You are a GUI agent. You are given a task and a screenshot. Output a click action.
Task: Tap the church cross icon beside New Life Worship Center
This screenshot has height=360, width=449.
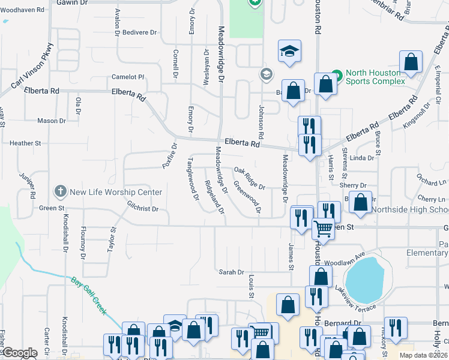(x=60, y=192)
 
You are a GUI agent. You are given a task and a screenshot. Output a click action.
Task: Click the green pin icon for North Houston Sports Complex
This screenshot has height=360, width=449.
(x=336, y=76)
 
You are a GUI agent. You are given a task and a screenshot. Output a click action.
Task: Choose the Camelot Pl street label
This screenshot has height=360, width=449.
(x=128, y=77)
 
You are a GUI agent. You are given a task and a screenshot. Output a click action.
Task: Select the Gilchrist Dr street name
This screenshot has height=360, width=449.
(x=142, y=209)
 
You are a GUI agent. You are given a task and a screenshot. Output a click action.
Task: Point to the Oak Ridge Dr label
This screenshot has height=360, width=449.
(x=249, y=178)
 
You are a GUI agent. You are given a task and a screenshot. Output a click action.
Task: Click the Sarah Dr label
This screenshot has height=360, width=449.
(x=231, y=272)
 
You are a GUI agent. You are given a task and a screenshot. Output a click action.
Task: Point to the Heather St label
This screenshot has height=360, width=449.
(x=25, y=143)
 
